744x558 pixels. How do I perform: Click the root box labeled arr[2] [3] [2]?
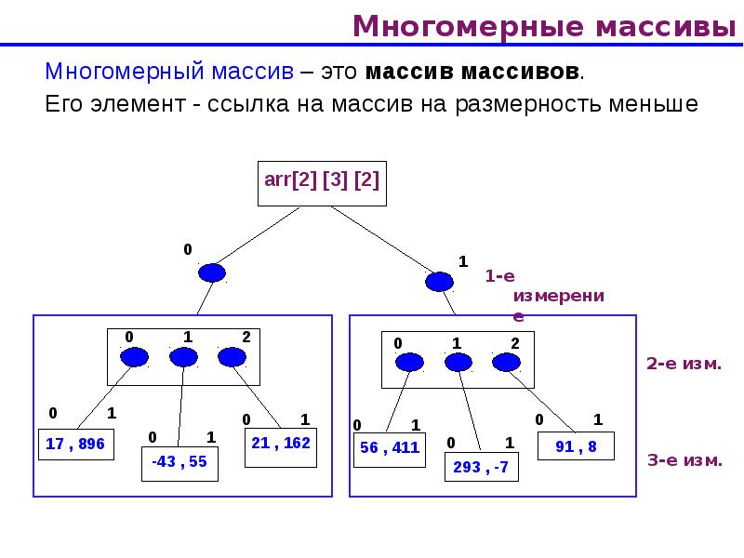tap(321, 181)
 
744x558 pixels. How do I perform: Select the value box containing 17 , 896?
tap(75, 445)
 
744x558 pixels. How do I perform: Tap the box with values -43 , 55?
tap(179, 462)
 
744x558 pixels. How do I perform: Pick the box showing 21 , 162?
tap(281, 445)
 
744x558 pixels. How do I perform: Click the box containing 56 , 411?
tap(390, 448)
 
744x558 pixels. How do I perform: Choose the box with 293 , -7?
tap(481, 467)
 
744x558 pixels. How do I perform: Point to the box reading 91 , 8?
tap(577, 446)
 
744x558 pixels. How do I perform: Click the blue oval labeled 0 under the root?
tap(213, 272)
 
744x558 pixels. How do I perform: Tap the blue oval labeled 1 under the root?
tap(439, 281)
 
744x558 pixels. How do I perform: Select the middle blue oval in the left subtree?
tap(183, 357)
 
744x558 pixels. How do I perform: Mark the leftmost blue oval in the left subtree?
tap(134, 357)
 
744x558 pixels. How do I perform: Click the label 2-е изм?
tap(684, 364)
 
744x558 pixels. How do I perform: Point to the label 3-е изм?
tap(684, 459)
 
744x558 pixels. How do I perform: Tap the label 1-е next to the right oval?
tap(499, 276)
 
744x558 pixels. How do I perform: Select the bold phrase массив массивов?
tap(473, 72)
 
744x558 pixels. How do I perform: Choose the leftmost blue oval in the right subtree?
tap(407, 363)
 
